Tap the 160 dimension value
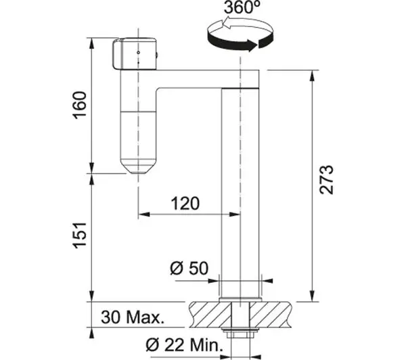coord(79,105)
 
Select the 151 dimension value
coord(79,235)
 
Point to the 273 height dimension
coord(326,179)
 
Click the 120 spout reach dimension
coord(185,203)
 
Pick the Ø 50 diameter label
coord(189,268)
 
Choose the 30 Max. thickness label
coord(133,317)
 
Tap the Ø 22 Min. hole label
coord(184,345)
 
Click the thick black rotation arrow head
coord(252,45)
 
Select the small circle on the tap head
coord(139,53)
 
